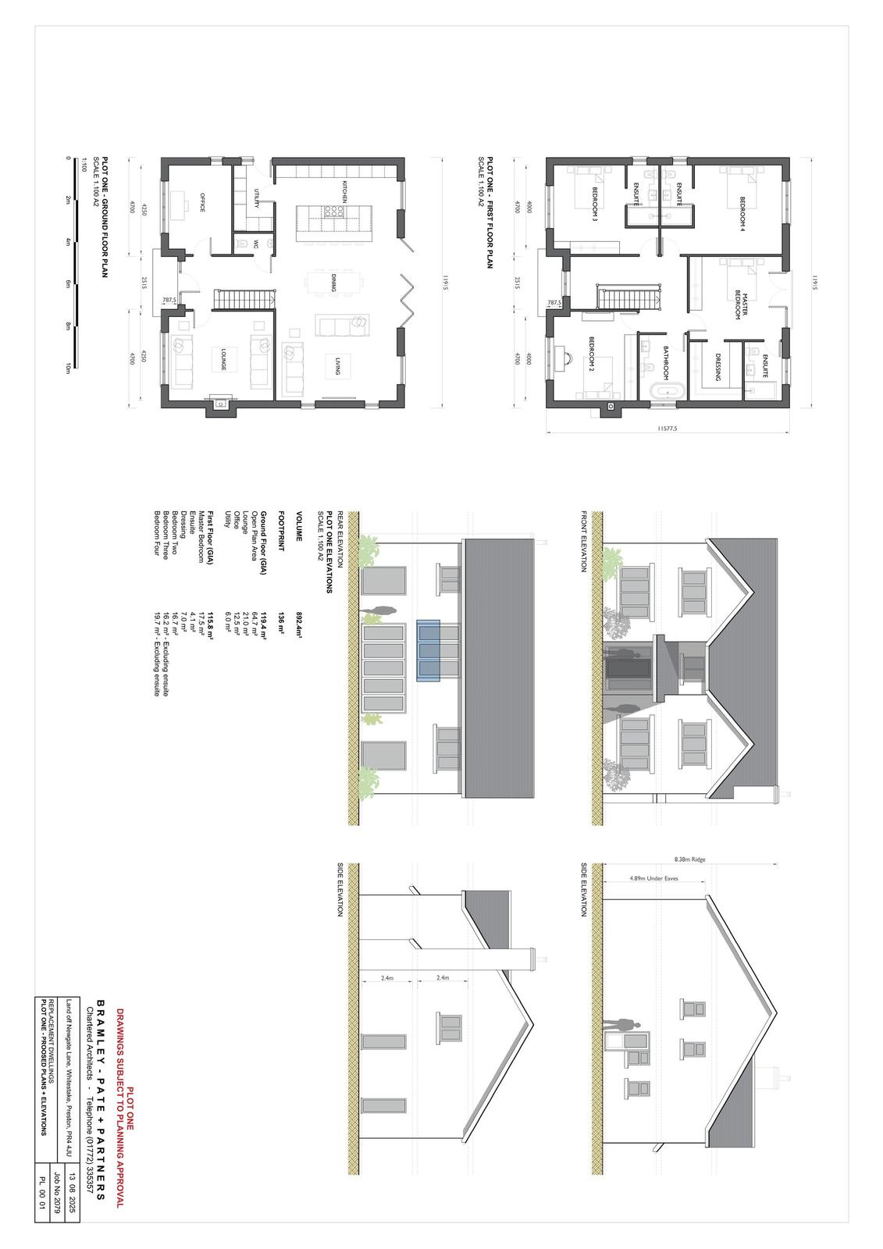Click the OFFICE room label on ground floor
(201, 197)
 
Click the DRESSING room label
(717, 367)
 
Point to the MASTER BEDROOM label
(740, 306)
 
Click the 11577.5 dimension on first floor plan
(668, 429)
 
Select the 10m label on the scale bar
(69, 368)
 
